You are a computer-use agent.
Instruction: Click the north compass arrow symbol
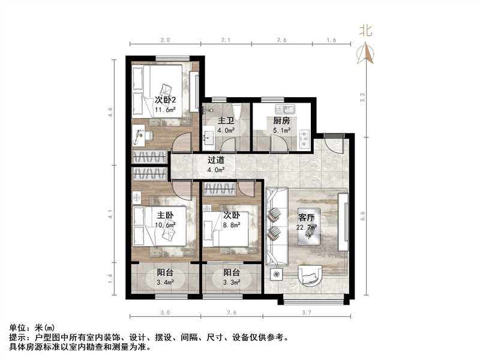coord(365,53)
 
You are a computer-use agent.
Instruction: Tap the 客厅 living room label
coord(307,217)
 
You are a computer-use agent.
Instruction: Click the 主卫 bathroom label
coord(225,120)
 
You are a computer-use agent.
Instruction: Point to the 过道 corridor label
coord(216,160)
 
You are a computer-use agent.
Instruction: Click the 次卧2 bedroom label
coord(166,100)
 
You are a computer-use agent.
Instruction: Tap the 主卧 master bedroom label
coord(166,215)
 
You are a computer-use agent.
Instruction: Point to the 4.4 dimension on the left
coord(110,112)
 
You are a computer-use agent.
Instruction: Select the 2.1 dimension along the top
coord(226,40)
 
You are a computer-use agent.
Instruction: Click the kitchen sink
coord(283,109)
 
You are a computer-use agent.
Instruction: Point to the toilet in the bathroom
coord(236,111)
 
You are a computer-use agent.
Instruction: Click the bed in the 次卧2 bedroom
coord(166,90)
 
